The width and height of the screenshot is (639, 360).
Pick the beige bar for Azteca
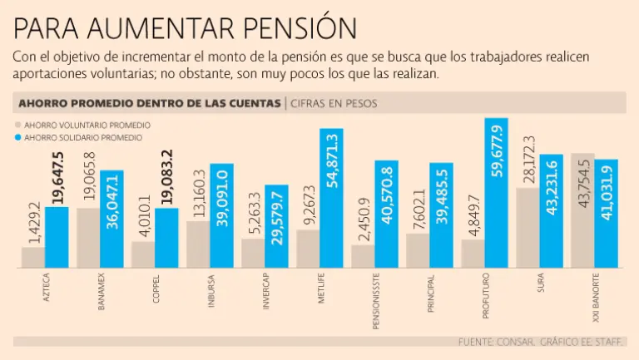(x=33, y=258)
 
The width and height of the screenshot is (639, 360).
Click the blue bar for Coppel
(x=167, y=238)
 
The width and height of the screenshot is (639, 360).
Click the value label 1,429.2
(x=33, y=221)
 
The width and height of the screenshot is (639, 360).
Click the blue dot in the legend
(x=19, y=137)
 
